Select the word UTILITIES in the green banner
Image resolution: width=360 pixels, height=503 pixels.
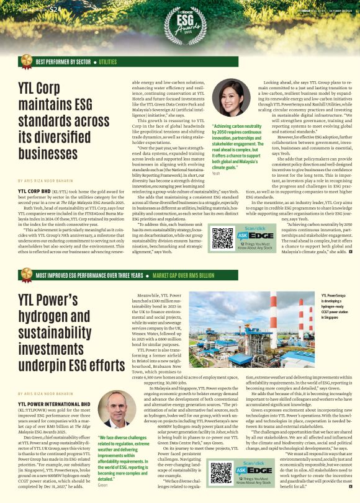107,62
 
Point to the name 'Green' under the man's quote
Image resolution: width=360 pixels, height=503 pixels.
103,485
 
